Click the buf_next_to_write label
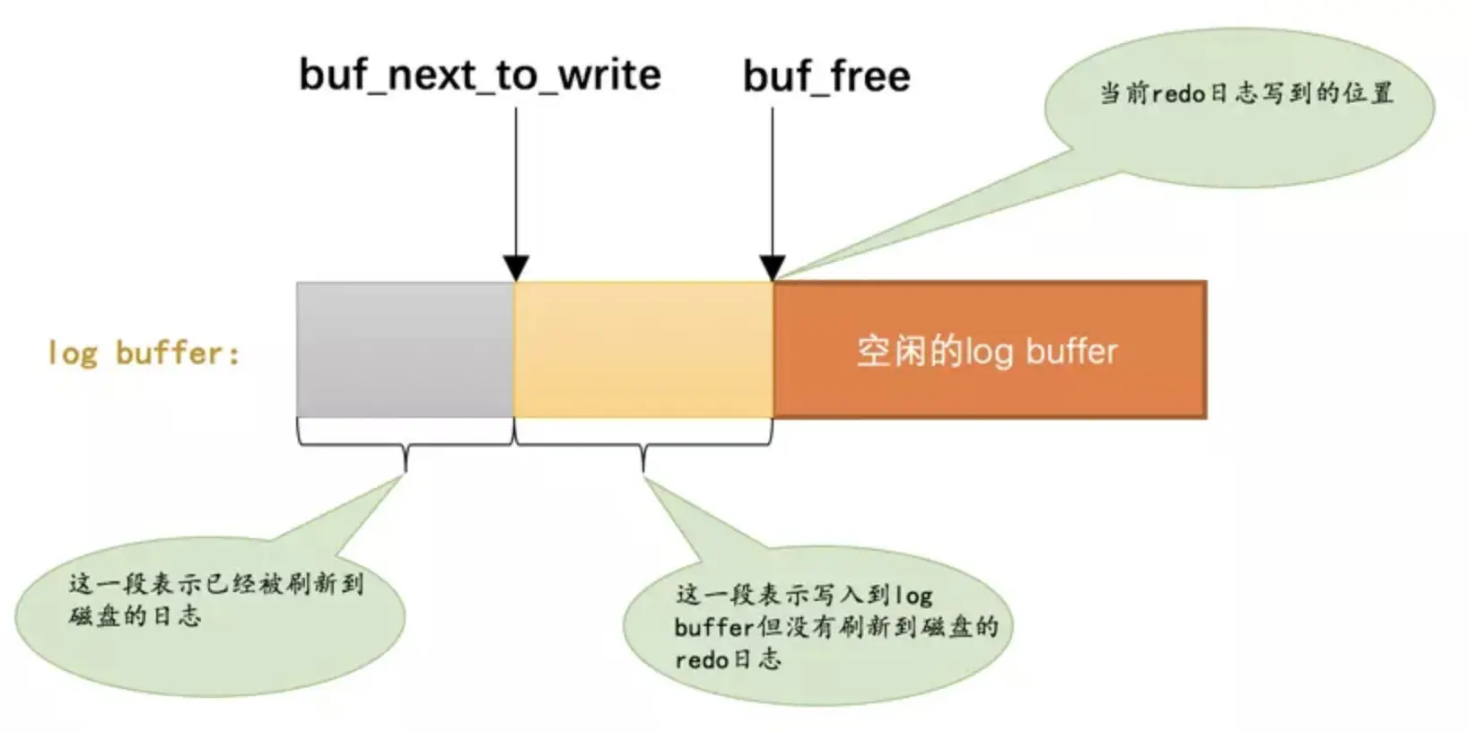479,74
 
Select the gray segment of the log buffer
405,349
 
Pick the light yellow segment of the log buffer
642,349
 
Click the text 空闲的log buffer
987,352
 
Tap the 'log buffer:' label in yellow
144,353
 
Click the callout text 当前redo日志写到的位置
1246,93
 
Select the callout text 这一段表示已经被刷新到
216,585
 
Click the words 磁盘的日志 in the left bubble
135,616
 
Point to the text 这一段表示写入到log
804,594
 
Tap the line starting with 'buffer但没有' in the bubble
835,626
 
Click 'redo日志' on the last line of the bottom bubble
728,659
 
